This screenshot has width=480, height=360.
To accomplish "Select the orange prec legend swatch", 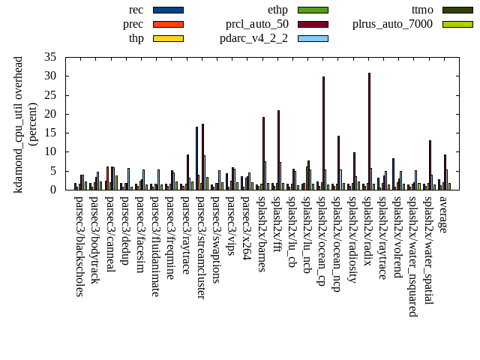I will point(168,24).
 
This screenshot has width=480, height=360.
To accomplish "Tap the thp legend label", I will point(136,38).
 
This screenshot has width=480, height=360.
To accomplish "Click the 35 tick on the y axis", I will point(50,57).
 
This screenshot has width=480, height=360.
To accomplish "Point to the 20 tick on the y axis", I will point(50,114).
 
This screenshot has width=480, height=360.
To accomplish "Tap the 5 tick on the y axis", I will point(53,171).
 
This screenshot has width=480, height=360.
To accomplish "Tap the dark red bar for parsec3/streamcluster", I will point(202,157).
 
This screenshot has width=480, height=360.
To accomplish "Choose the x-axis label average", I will point(443,214).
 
